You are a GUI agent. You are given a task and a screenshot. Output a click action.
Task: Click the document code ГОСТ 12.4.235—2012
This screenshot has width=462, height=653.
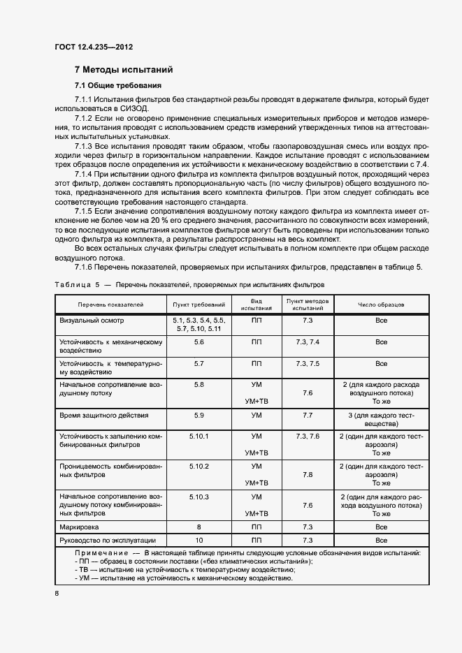pos(93,47)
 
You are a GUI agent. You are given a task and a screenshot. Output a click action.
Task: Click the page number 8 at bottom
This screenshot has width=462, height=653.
pos(57,593)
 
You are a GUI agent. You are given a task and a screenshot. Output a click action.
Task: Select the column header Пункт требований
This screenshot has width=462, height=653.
pos(198,305)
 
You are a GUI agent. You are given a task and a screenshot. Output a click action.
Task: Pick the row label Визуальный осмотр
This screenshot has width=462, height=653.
pos(91,320)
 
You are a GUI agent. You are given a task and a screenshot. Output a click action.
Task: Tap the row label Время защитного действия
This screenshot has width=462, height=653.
pos(103,416)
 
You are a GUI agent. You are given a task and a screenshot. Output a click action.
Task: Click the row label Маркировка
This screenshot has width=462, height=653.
pos(79,527)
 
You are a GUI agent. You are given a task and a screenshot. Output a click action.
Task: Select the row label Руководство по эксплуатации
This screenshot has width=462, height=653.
pos(107,541)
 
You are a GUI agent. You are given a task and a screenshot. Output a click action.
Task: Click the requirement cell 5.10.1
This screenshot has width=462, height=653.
pos(198,436)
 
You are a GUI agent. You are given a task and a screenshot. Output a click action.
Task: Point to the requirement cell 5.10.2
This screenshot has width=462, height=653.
pos(198,466)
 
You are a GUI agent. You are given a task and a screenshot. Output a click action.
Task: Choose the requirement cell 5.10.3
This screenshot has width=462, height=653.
pos(198,497)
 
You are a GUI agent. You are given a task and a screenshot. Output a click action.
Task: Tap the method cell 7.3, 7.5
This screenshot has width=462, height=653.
pos(308,364)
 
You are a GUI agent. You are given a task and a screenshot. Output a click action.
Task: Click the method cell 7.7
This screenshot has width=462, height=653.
pos(308,416)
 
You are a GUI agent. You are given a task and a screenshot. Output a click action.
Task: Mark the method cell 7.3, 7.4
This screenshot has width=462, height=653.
pos(308,342)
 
